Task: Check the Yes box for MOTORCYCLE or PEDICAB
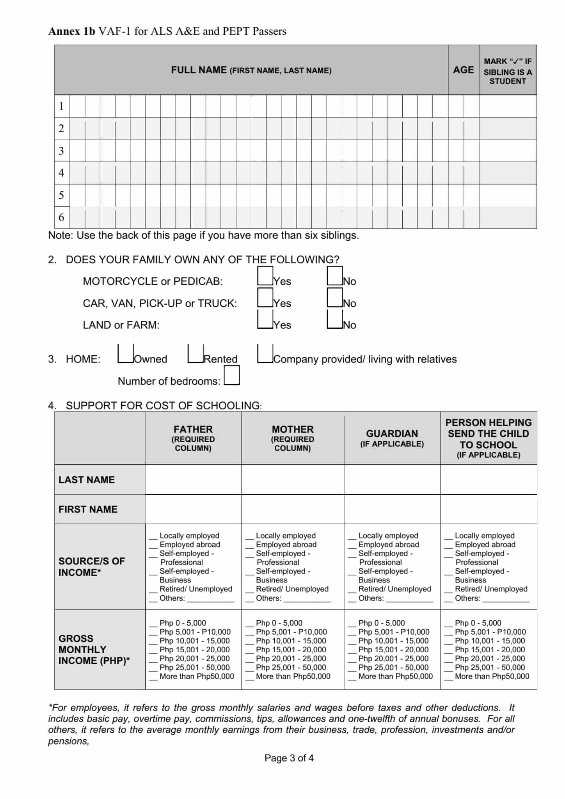(265, 276)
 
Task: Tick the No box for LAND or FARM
(335, 320)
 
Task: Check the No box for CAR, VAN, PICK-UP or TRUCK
(335, 298)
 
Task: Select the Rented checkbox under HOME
(195, 353)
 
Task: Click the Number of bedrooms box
(232, 375)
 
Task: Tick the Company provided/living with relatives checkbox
(265, 353)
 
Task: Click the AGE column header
(463, 70)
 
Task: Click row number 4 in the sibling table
(62, 173)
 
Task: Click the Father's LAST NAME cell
(193, 479)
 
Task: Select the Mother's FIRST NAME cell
(293, 509)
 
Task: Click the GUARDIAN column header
(392, 438)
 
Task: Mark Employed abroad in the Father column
(153, 545)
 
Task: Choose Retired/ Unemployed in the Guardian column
(352, 589)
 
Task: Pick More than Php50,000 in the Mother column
(249, 677)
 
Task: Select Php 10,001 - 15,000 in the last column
(448, 641)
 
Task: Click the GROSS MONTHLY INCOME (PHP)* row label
(94, 650)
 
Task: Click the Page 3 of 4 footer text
(289, 758)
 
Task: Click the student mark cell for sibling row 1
(507, 106)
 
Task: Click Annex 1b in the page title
(71, 31)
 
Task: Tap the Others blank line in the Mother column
(307, 599)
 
